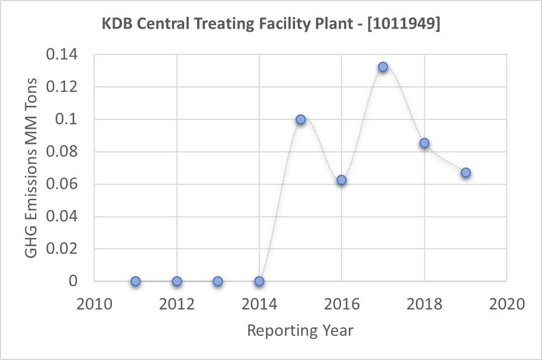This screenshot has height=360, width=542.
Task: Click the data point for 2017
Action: [383, 67]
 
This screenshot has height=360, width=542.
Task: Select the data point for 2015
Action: [301, 119]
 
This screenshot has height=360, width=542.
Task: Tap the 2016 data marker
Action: [342, 180]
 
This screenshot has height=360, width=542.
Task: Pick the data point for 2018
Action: [424, 143]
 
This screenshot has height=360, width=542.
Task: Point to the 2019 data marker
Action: [466, 172]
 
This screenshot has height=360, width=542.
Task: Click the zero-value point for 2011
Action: [135, 281]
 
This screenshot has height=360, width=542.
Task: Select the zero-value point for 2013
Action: [218, 281]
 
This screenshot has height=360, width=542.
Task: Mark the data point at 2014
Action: [259, 281]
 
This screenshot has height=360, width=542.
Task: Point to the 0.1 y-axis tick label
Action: [68, 120]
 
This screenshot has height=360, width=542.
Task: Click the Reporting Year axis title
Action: [300, 330]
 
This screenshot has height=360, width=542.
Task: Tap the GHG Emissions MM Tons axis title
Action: [32, 168]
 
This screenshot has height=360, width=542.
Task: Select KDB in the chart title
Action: [116, 25]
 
